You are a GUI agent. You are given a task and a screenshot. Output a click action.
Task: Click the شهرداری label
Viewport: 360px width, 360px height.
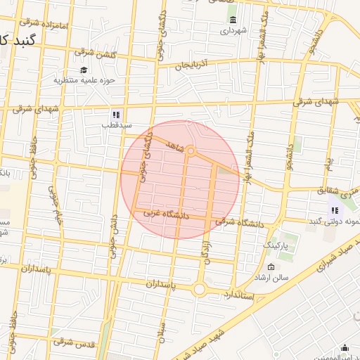point(233,31)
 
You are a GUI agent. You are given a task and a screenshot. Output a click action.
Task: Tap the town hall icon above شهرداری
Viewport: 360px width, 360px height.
point(233,19)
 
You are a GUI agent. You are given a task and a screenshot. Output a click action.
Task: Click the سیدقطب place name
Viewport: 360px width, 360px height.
point(117,125)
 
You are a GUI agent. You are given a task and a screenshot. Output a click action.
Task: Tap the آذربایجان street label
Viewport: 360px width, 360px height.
point(193,65)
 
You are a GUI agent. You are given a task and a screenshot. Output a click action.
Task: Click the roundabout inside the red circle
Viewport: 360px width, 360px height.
point(191,150)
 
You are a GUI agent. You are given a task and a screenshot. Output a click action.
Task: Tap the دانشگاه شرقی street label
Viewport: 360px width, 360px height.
point(239,222)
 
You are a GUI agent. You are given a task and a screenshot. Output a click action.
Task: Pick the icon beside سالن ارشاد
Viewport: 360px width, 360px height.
point(271,267)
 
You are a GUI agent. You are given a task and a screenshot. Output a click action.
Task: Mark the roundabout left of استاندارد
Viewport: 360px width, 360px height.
point(199,288)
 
